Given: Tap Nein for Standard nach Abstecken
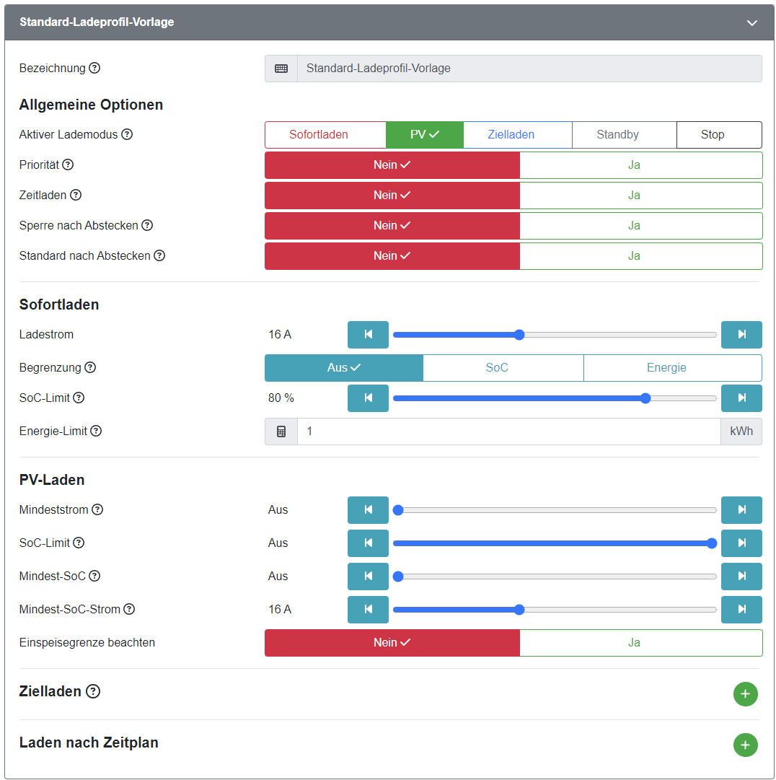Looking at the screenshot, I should (x=392, y=256).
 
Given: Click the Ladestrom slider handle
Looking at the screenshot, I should (x=519, y=335).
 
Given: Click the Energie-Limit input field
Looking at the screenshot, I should (x=508, y=431).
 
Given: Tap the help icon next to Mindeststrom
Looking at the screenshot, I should (x=97, y=510).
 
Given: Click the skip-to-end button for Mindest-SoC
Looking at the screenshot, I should (x=741, y=577).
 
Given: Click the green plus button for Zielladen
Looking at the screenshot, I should (x=745, y=694).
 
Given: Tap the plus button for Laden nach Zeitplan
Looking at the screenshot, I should (x=745, y=745).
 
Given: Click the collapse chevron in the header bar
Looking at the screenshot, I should (x=752, y=23).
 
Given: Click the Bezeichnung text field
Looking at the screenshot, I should (x=529, y=69).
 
